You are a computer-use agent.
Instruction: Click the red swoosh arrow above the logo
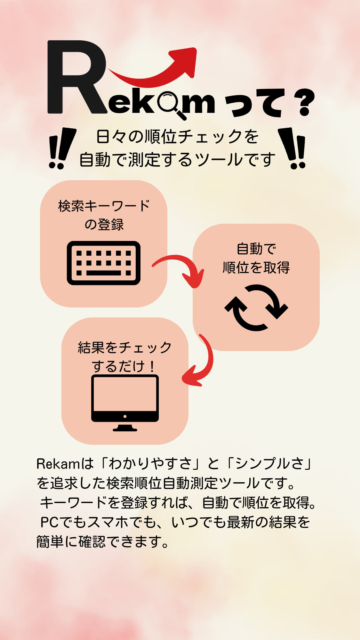point(152,68)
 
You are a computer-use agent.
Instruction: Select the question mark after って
point(306,102)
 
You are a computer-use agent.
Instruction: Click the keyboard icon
point(104,263)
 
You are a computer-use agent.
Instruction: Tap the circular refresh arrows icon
point(256,308)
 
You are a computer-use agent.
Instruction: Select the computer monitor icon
point(125,403)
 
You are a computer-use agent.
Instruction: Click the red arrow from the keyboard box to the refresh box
point(182,266)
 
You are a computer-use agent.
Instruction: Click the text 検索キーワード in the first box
point(104,206)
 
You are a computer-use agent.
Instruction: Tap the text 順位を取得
point(256,268)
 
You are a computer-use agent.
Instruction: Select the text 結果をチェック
point(125,348)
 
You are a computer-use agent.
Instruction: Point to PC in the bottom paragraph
point(50,522)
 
